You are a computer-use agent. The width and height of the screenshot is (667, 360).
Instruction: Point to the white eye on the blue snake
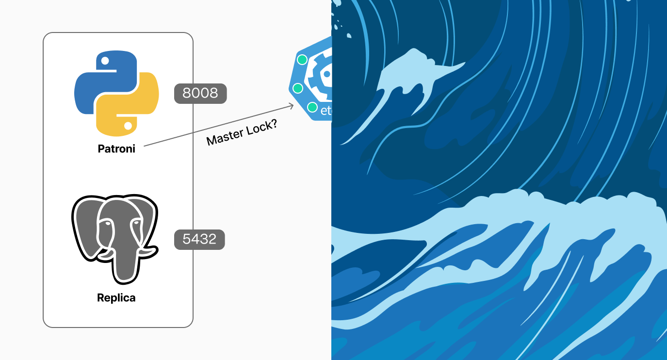coord(104,62)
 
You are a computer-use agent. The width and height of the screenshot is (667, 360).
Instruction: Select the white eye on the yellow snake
coord(128,126)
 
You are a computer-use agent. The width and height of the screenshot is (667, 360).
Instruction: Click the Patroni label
coord(116,149)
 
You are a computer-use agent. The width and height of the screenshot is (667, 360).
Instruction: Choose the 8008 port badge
coord(200,93)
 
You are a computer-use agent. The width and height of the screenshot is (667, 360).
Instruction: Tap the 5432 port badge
coord(199,239)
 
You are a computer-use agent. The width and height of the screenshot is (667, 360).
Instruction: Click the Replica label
coord(116,297)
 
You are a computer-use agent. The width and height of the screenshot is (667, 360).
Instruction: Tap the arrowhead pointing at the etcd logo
coord(292,106)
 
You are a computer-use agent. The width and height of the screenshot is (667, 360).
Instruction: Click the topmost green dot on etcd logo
coord(302,60)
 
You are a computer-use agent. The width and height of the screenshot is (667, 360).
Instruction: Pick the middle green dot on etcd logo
coord(298,88)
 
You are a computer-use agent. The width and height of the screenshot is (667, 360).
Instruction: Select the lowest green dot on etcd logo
coord(312,107)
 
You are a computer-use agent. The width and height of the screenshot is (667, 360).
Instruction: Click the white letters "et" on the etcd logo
coord(325,111)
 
